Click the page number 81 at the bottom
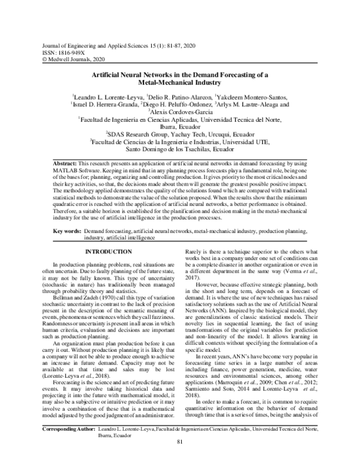[x=179, y=459]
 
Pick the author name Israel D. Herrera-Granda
[x=107, y=104]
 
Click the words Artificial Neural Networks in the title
[x=127, y=74]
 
